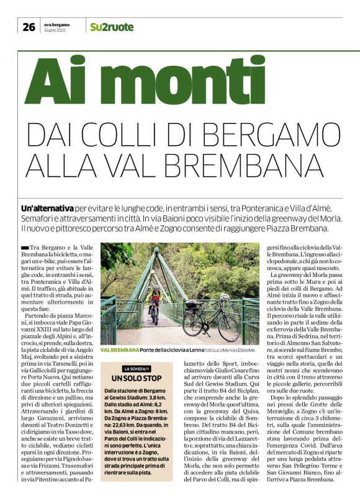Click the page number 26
[x=29, y=27]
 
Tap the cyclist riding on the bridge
[x=155, y=304]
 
